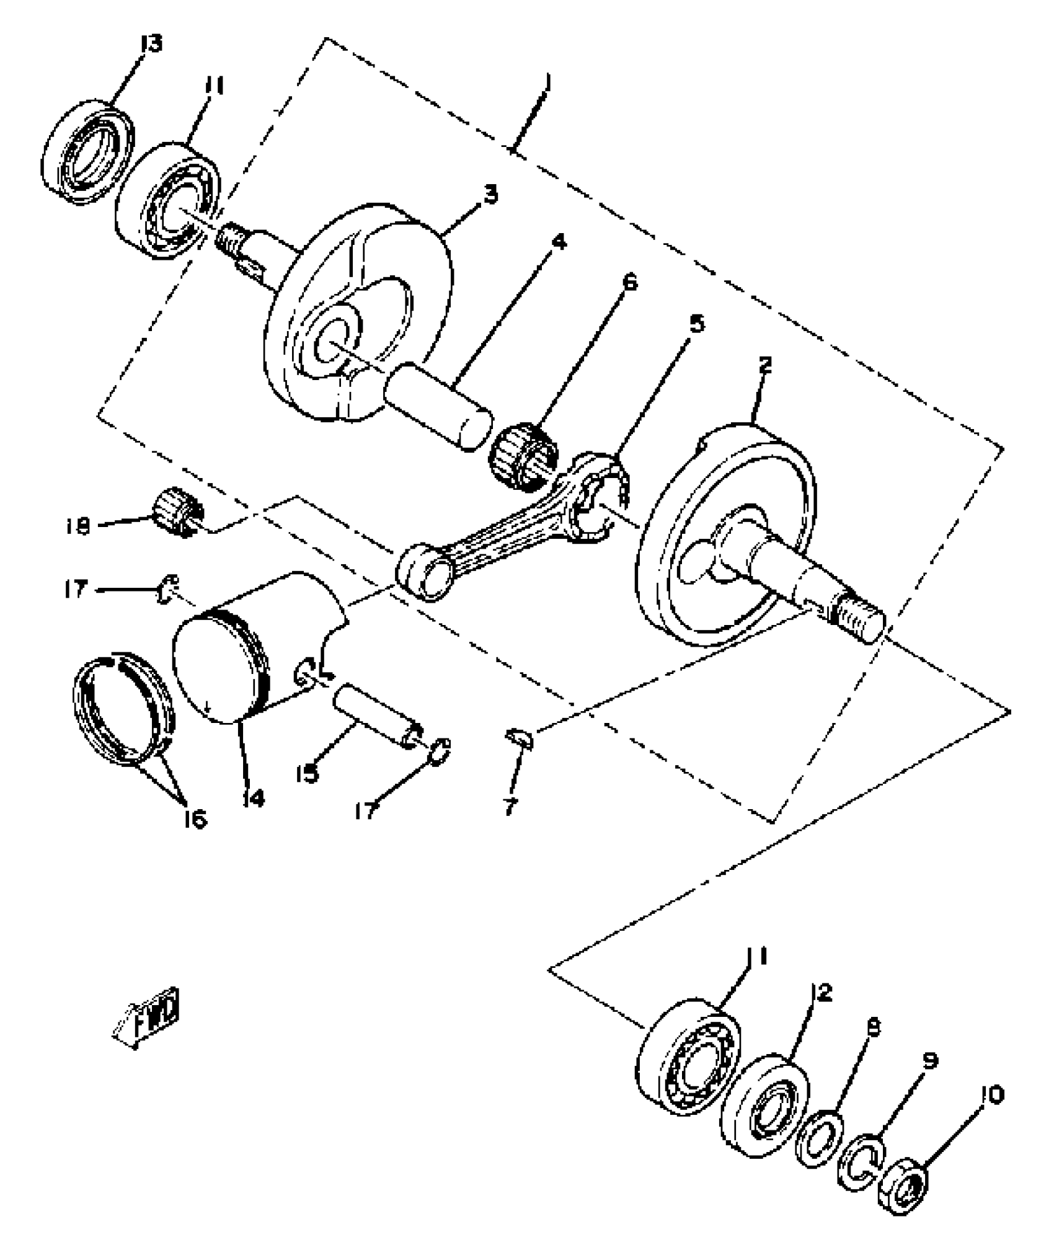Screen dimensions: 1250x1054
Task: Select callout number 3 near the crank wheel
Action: click(x=490, y=195)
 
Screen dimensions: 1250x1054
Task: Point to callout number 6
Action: click(x=628, y=283)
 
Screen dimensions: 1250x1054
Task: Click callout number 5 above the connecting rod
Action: click(x=697, y=324)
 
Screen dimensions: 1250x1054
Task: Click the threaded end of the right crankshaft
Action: click(x=859, y=621)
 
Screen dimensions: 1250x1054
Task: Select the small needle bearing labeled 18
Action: click(x=179, y=510)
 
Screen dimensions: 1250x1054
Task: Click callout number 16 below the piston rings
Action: click(x=193, y=819)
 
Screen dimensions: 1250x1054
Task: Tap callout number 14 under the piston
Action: click(x=254, y=799)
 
